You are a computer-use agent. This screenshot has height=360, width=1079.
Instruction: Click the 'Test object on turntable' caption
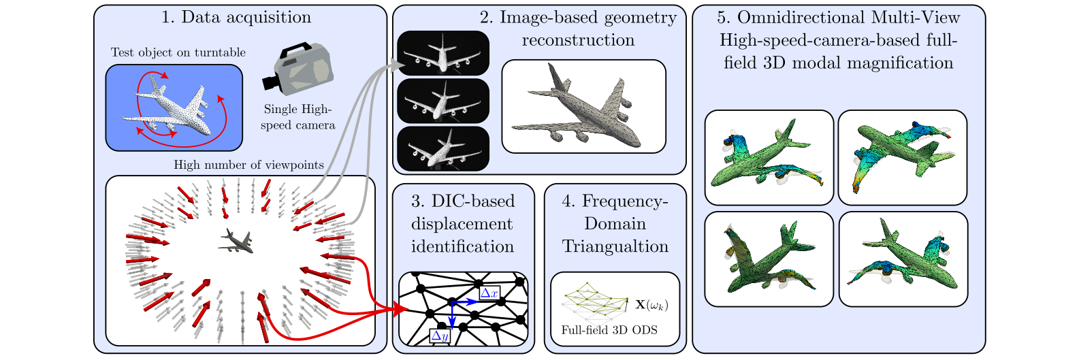178,52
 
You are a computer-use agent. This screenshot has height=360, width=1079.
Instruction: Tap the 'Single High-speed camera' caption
297,117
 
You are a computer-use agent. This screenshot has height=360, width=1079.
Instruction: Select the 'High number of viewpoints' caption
248,165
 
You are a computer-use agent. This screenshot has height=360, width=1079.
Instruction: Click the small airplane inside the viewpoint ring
236,240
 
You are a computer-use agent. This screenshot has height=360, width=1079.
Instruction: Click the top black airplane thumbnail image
443,53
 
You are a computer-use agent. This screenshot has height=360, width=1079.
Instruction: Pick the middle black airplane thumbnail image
443,101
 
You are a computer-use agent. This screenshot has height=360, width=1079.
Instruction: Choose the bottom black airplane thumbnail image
443,148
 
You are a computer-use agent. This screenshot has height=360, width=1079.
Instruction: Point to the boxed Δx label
489,293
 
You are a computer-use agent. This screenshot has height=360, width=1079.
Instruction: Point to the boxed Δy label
440,336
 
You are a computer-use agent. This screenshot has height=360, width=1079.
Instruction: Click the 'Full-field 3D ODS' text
609,330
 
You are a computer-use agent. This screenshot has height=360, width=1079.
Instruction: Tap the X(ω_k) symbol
651,305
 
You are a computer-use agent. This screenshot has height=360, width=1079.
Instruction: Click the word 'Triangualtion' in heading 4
615,246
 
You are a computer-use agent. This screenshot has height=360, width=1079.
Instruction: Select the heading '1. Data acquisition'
236,17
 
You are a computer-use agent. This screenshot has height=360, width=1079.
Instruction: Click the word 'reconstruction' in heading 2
578,40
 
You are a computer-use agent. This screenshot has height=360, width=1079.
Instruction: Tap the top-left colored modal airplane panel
769,157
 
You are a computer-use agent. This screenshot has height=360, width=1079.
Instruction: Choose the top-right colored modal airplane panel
902,157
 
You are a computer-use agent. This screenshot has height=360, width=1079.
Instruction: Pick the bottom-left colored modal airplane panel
769,259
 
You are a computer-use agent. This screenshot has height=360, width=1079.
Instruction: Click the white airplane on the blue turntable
174,108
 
